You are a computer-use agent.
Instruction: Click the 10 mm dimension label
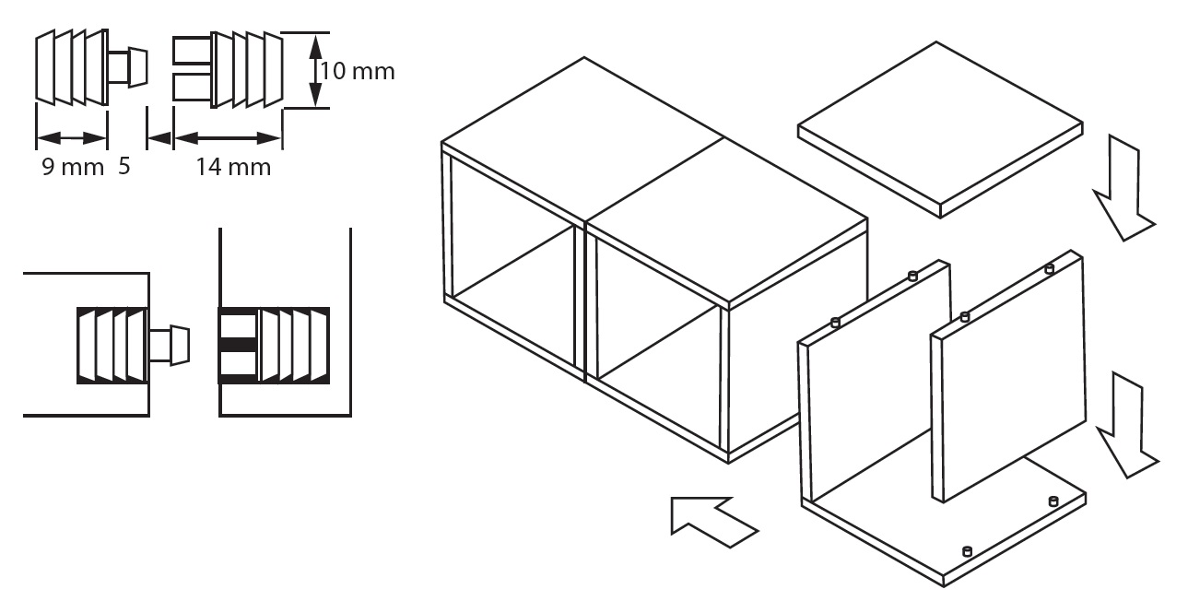358,71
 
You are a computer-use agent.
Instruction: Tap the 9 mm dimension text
73,167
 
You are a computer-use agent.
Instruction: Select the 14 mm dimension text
233,167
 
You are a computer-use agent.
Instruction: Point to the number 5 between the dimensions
124,167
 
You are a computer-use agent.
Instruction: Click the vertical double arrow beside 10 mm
315,70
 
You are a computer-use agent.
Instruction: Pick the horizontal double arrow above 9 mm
72,138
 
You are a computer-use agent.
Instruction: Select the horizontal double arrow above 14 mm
228,138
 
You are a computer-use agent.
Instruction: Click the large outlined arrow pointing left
713,521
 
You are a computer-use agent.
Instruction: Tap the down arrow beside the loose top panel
1123,188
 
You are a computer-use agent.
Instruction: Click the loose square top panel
940,129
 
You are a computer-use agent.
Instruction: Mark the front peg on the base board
967,551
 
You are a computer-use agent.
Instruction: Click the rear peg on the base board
1053,501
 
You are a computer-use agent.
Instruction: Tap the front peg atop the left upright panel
835,322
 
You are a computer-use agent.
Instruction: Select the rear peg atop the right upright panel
1049,269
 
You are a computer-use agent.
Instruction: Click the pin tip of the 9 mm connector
138,67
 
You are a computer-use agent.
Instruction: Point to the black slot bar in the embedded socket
239,345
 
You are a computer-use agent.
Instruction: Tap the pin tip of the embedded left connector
180,346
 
